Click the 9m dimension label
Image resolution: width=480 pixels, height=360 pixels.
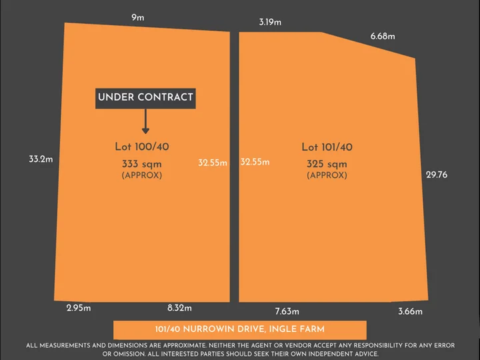pos(138,18)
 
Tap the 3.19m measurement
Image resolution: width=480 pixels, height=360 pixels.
pos(270,22)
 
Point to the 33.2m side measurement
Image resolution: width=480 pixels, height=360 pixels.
pos(41,159)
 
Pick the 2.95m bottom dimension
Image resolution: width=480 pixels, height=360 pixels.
pos(79,308)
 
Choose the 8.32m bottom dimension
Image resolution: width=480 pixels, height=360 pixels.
pos(179,308)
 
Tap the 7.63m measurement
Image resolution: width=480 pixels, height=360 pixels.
pos(287,311)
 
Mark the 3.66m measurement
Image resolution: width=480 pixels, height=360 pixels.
pos(410,311)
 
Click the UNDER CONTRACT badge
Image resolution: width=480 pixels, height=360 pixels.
pos(145,97)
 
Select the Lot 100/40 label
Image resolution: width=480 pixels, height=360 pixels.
pos(142,147)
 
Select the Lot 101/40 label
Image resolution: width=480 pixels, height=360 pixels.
pos(327,147)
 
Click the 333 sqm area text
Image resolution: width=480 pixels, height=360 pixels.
pos(141,163)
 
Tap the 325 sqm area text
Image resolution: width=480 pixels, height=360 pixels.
pos(327,164)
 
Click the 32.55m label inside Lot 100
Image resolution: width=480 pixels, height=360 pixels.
pos(213,162)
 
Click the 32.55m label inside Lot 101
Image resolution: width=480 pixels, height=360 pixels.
pos(255,162)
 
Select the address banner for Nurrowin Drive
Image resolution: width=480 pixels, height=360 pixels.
pos(240,329)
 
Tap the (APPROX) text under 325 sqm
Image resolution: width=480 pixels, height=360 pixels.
pos(327,175)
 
